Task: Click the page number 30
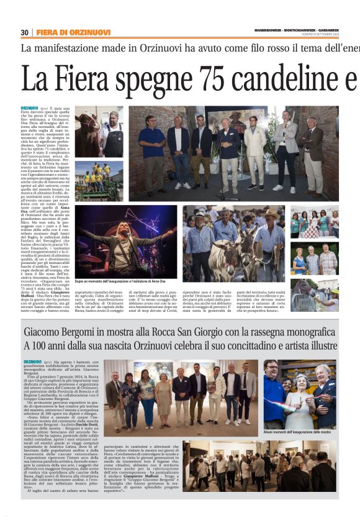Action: point(25,32)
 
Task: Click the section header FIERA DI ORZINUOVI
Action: point(73,32)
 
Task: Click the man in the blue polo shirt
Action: point(151,149)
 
